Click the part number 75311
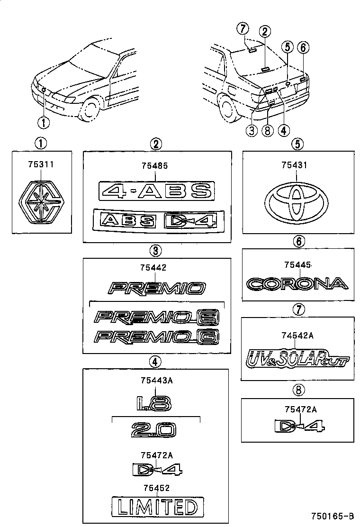point(41,165)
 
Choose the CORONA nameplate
point(297,284)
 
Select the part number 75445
point(297,265)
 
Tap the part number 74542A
point(297,336)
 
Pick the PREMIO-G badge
point(157,337)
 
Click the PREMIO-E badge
point(157,316)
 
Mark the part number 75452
point(155,488)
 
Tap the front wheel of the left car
point(89,109)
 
